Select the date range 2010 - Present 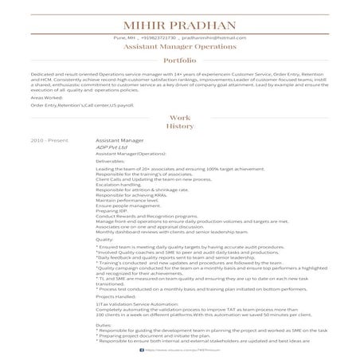(x=44, y=139)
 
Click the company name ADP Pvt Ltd (x=111, y=147)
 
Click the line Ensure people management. (x=124, y=205)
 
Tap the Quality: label (x=104, y=238)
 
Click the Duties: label (x=104, y=325)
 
